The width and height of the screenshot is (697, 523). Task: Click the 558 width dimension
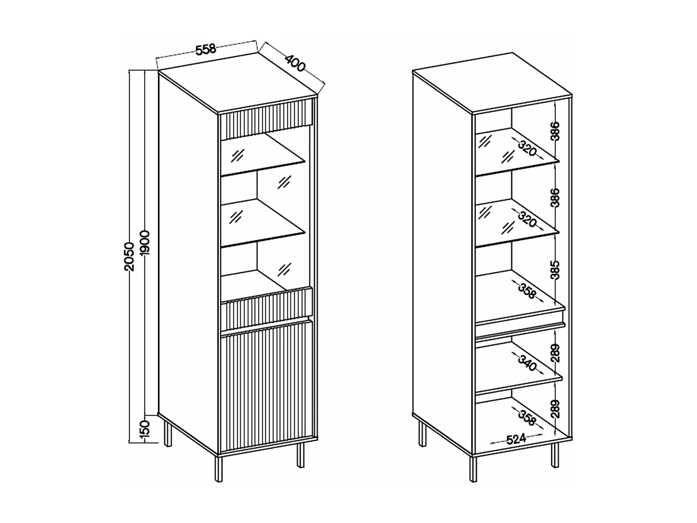[205, 49]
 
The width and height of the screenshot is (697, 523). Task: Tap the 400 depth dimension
[295, 63]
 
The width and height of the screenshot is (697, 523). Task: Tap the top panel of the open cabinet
[493, 81]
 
